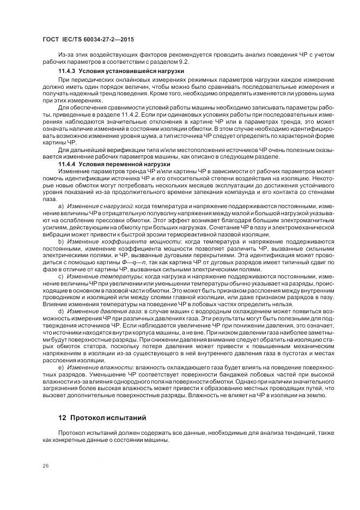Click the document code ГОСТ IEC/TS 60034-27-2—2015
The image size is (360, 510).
[88, 40]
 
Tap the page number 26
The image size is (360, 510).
[45, 465]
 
